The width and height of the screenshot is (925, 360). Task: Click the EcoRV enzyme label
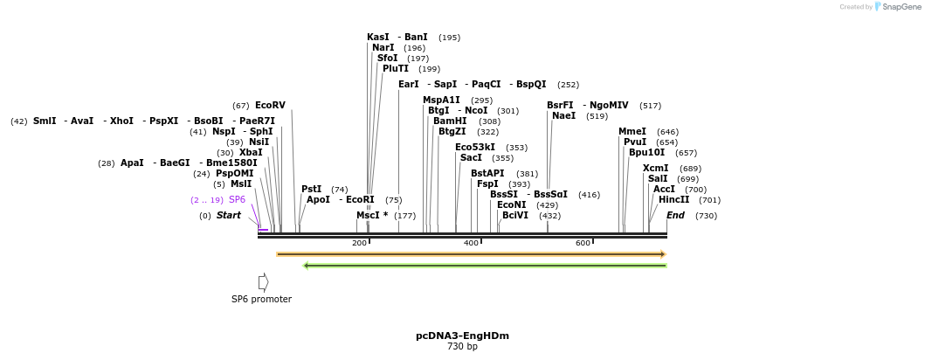pyautogui.click(x=270, y=105)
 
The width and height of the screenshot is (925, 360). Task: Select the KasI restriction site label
pyautogui.click(x=378, y=37)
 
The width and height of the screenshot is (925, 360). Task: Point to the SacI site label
pyautogui.click(x=471, y=157)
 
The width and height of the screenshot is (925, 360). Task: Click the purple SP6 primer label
pyautogui.click(x=237, y=199)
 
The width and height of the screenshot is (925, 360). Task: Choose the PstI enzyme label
pyautogui.click(x=311, y=189)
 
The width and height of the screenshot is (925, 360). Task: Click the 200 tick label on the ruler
pyautogui.click(x=359, y=242)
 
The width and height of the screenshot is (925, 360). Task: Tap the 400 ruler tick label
pyautogui.click(x=471, y=242)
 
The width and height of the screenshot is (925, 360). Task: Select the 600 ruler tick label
pyautogui.click(x=583, y=242)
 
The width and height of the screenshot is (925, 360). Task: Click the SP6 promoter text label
pyautogui.click(x=261, y=299)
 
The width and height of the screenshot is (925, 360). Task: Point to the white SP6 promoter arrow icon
pyautogui.click(x=263, y=282)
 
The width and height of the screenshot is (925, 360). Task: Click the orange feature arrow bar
pyautogui.click(x=471, y=254)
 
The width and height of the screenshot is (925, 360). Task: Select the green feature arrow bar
pyautogui.click(x=485, y=266)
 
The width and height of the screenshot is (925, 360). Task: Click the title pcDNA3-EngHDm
pyautogui.click(x=462, y=336)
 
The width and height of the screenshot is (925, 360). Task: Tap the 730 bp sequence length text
pyautogui.click(x=462, y=347)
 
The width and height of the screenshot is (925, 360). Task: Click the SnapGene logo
pyautogui.click(x=895, y=7)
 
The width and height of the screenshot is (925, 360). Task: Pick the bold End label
pyautogui.click(x=675, y=215)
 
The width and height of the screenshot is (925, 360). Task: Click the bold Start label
pyautogui.click(x=228, y=215)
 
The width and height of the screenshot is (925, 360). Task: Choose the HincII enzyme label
pyautogui.click(x=673, y=199)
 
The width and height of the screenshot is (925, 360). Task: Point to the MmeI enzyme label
pyautogui.click(x=632, y=131)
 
